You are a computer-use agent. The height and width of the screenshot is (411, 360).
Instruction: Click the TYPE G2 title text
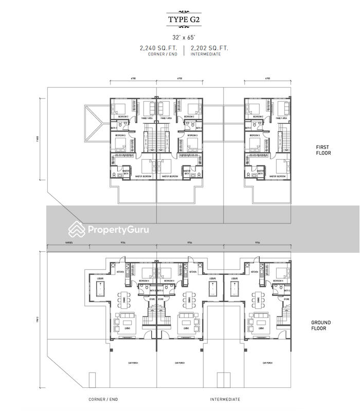click(179, 20)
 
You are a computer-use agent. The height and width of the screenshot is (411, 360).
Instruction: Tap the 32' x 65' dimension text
click(179, 37)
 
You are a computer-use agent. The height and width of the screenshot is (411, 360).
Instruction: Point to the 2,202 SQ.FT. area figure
click(209, 48)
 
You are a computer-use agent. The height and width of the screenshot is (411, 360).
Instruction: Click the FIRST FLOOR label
click(323, 150)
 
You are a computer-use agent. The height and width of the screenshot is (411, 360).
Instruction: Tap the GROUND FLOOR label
click(320, 325)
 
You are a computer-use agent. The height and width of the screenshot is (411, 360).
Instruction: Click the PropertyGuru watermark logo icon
click(77, 230)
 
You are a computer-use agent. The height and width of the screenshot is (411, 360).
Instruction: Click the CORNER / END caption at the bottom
click(103, 399)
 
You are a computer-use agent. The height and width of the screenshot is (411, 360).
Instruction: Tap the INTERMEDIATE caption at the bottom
click(225, 399)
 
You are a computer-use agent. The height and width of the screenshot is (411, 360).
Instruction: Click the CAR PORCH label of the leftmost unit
click(133, 363)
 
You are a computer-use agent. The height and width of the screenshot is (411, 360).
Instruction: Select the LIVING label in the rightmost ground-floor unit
click(261, 328)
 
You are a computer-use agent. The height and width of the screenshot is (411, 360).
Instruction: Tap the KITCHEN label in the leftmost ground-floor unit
click(120, 271)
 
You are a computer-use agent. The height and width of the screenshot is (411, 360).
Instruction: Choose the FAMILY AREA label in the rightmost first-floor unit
click(281, 118)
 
